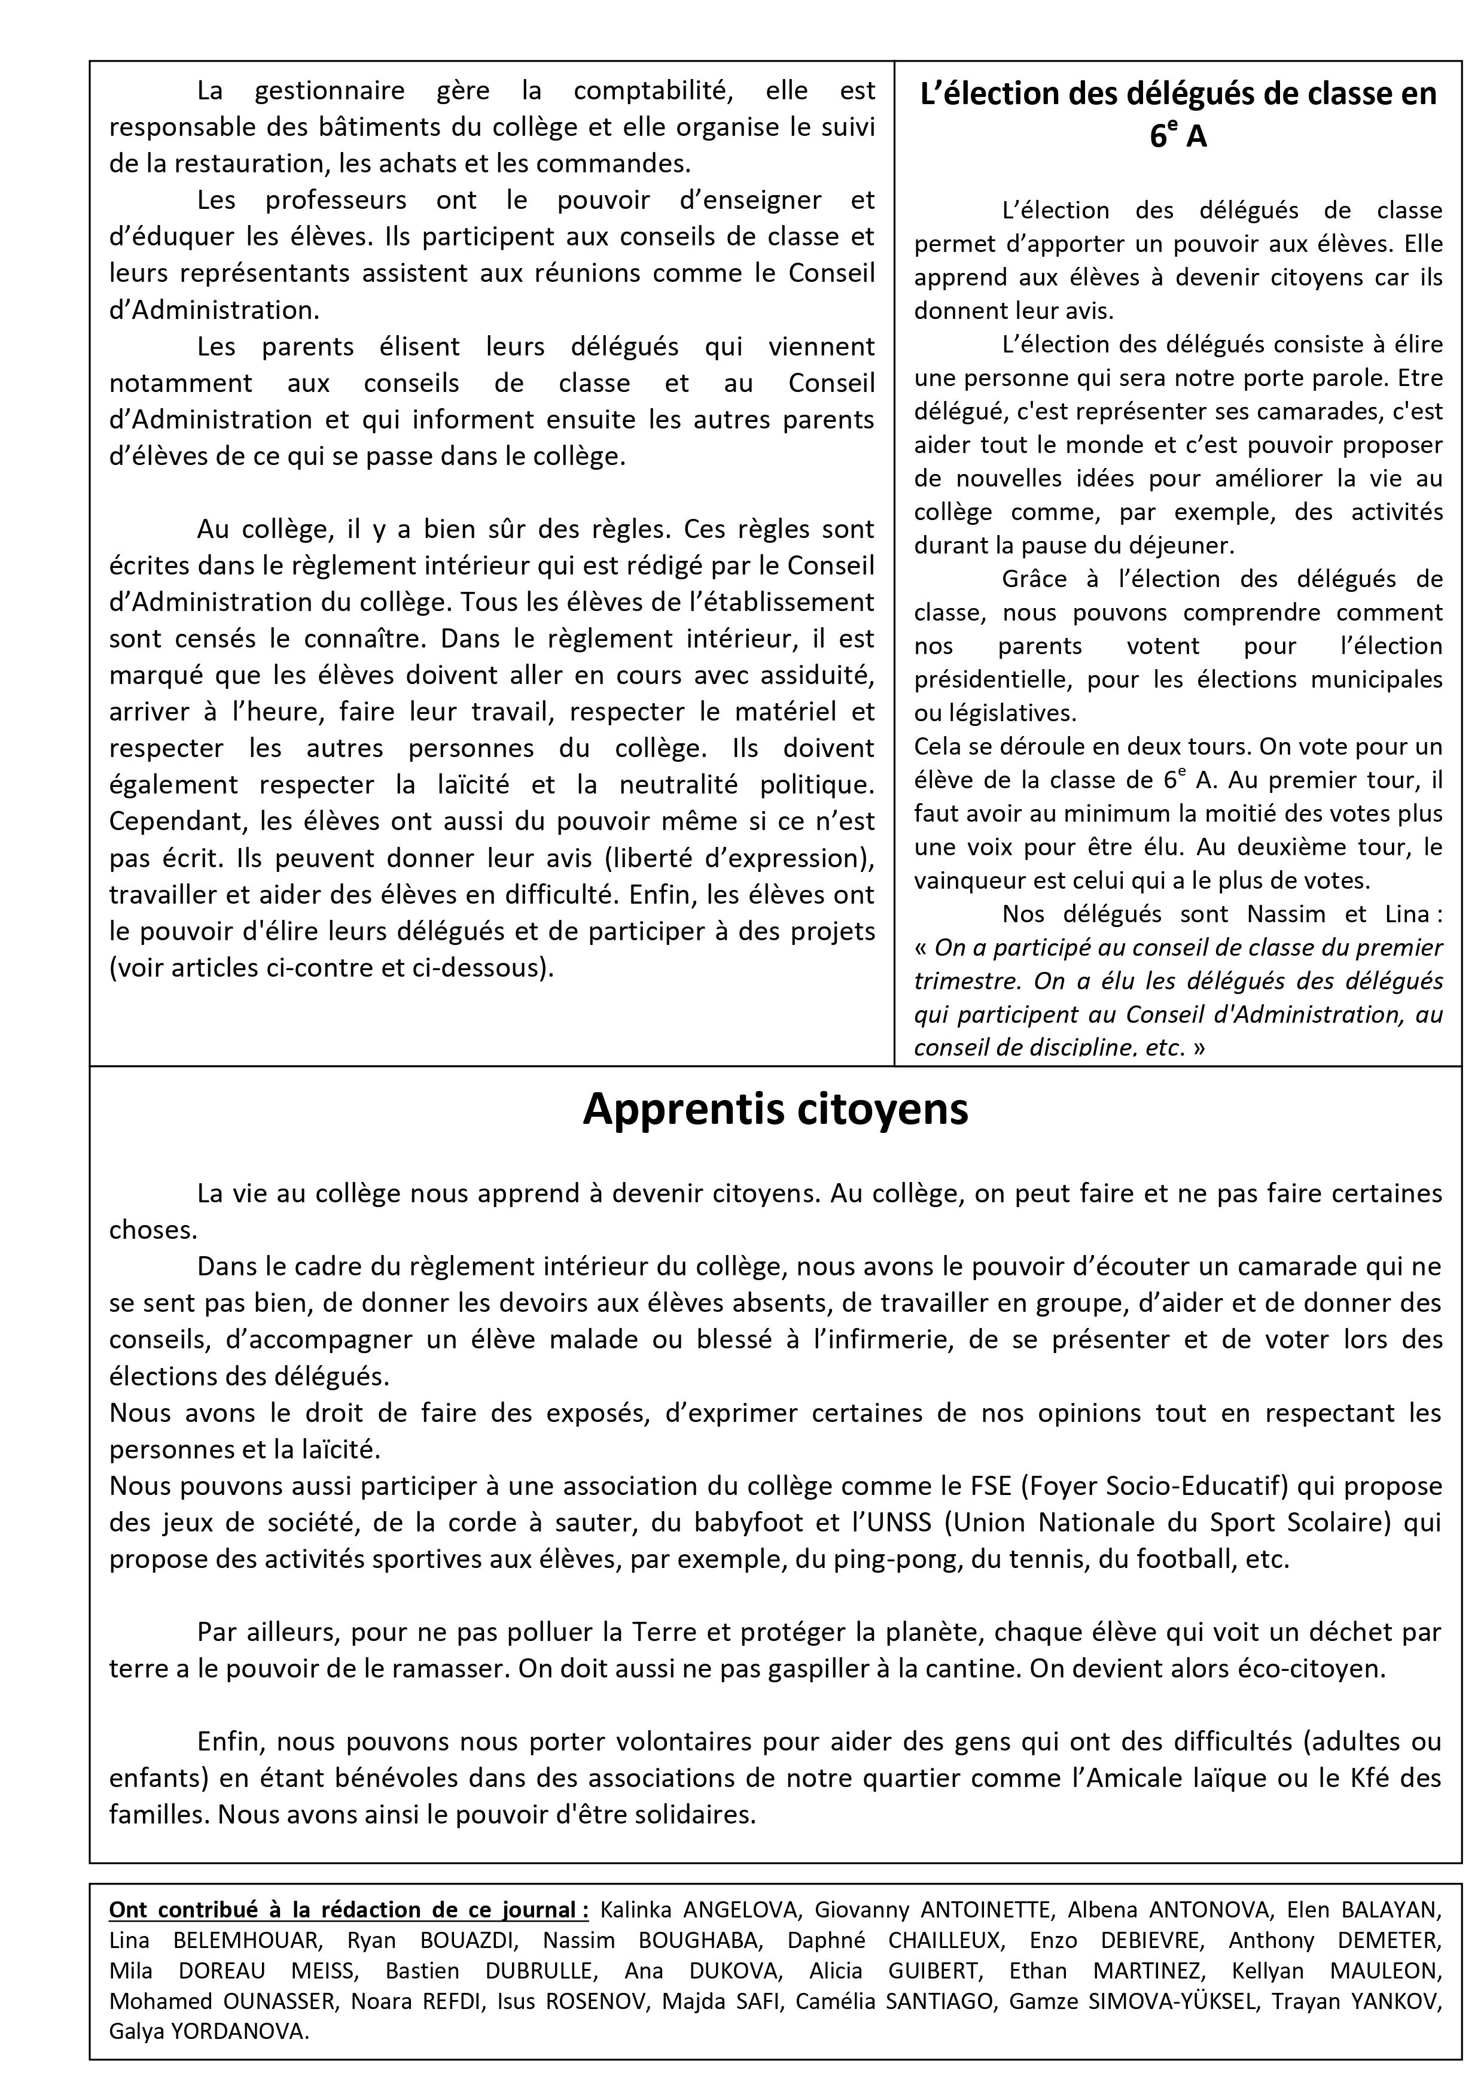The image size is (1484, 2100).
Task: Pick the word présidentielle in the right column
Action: point(986,680)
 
